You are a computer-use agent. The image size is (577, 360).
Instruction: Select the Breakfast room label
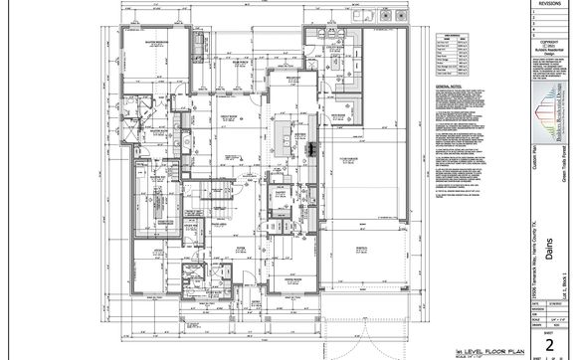pyautogui.click(x=294, y=79)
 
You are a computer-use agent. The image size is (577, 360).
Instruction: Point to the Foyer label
pyautogui.click(x=242, y=251)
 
